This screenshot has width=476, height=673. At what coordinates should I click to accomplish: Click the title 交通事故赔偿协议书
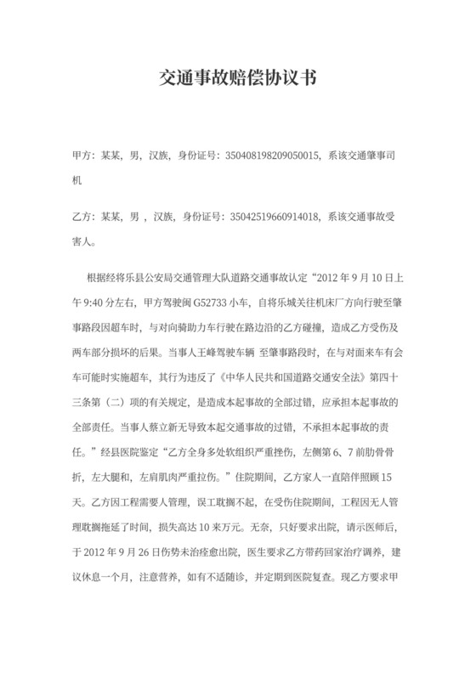click(x=237, y=78)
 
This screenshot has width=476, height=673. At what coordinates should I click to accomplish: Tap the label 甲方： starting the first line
click(x=82, y=156)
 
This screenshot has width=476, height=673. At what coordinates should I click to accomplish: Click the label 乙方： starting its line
click(x=82, y=216)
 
